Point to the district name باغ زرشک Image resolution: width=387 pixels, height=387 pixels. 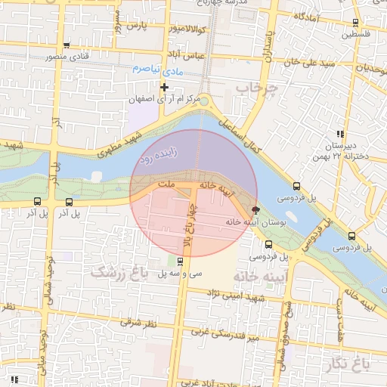(x=116, y=272)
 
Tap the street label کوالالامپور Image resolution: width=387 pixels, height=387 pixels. (x=175, y=29)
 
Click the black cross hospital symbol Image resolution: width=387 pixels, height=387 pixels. (x=164, y=88)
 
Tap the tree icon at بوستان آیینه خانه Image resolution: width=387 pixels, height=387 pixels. (x=255, y=210)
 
